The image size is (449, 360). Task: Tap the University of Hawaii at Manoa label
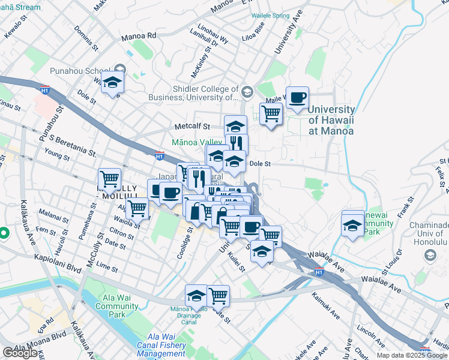click(x=331, y=119)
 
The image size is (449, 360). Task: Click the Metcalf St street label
click(x=191, y=127)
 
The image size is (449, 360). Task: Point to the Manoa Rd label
click(x=138, y=36)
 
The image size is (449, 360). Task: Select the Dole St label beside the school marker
click(x=260, y=163)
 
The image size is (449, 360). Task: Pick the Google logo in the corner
click(x=20, y=353)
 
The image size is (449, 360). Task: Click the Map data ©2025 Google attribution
click(x=412, y=355)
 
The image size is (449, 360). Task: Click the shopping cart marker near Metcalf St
click(x=271, y=112)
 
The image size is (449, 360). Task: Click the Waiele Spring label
click(x=275, y=16)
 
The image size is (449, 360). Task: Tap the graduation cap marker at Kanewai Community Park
click(x=353, y=224)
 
